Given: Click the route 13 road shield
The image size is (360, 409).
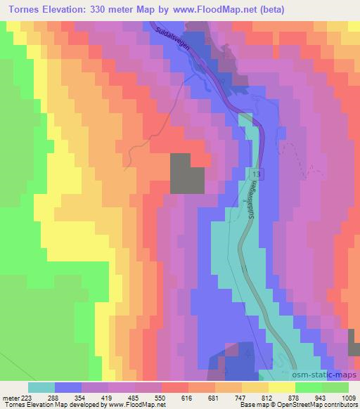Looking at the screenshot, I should coord(254,173).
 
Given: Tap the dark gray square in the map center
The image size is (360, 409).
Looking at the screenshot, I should coord(188,174).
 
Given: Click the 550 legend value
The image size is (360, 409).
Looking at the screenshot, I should coord(160,397).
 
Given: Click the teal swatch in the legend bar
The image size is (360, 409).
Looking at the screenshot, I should coord(42,387).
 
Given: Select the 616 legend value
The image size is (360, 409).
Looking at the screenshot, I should coord(186,397).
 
